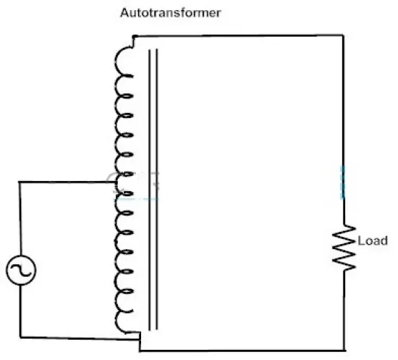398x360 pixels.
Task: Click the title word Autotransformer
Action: [171, 13]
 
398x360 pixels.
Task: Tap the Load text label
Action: [373, 240]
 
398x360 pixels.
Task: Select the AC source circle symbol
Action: [21, 270]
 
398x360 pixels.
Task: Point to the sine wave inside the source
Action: [21, 270]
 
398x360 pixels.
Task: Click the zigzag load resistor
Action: [344, 248]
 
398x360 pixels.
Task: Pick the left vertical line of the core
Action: [150, 190]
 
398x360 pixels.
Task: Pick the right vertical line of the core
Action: [156, 189]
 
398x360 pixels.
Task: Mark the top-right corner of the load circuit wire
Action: [343, 35]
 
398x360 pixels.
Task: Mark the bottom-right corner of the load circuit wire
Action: [344, 351]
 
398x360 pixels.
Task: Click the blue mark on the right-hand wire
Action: [342, 183]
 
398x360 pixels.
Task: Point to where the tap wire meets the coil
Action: [116, 182]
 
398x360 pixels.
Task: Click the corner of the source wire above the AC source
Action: [20, 182]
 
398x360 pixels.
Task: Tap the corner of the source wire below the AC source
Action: [20, 338]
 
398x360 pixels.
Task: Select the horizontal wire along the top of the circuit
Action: [239, 35]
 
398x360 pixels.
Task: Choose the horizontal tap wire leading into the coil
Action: [67, 182]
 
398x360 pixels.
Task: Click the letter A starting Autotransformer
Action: [124, 13]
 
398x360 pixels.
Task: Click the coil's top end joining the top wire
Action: [134, 37]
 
